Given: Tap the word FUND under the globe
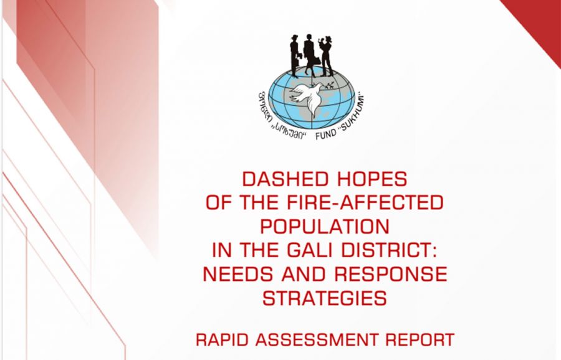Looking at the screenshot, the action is coord(325,135).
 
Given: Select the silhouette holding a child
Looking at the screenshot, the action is coord(326,55).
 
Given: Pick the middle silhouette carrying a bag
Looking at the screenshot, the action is coord(310,55).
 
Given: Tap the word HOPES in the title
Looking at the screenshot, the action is coord(372,179).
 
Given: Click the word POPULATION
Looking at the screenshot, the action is coord(325,226).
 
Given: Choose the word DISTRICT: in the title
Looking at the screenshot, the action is coord(389,250).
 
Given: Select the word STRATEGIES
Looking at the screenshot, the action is coord(325,298).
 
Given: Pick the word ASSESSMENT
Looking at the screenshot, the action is coord(315,339).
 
